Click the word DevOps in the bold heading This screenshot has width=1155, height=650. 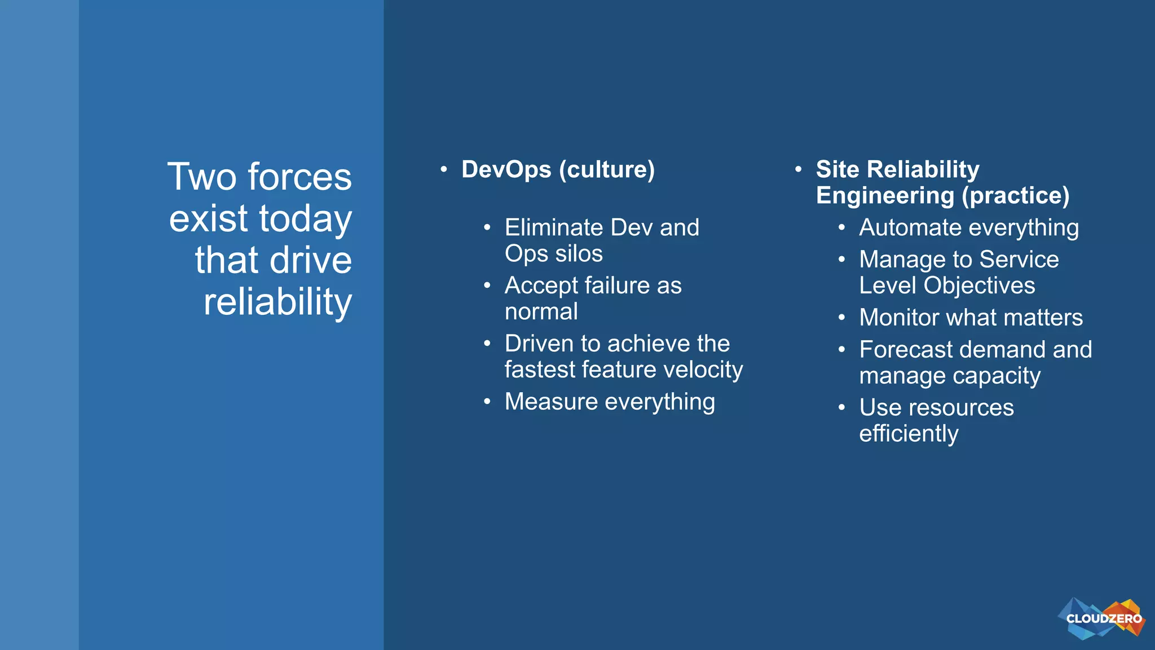coord(506,169)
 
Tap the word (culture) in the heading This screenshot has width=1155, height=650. coord(607,169)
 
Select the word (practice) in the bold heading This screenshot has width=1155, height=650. coord(1016,196)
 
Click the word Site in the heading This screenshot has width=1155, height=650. coord(837,169)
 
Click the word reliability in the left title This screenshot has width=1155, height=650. coord(277,302)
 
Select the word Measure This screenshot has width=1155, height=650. coord(551,402)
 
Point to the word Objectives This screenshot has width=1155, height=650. coord(979,286)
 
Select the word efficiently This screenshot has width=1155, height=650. coord(908,434)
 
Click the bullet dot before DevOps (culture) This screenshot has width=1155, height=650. coord(444,169)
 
